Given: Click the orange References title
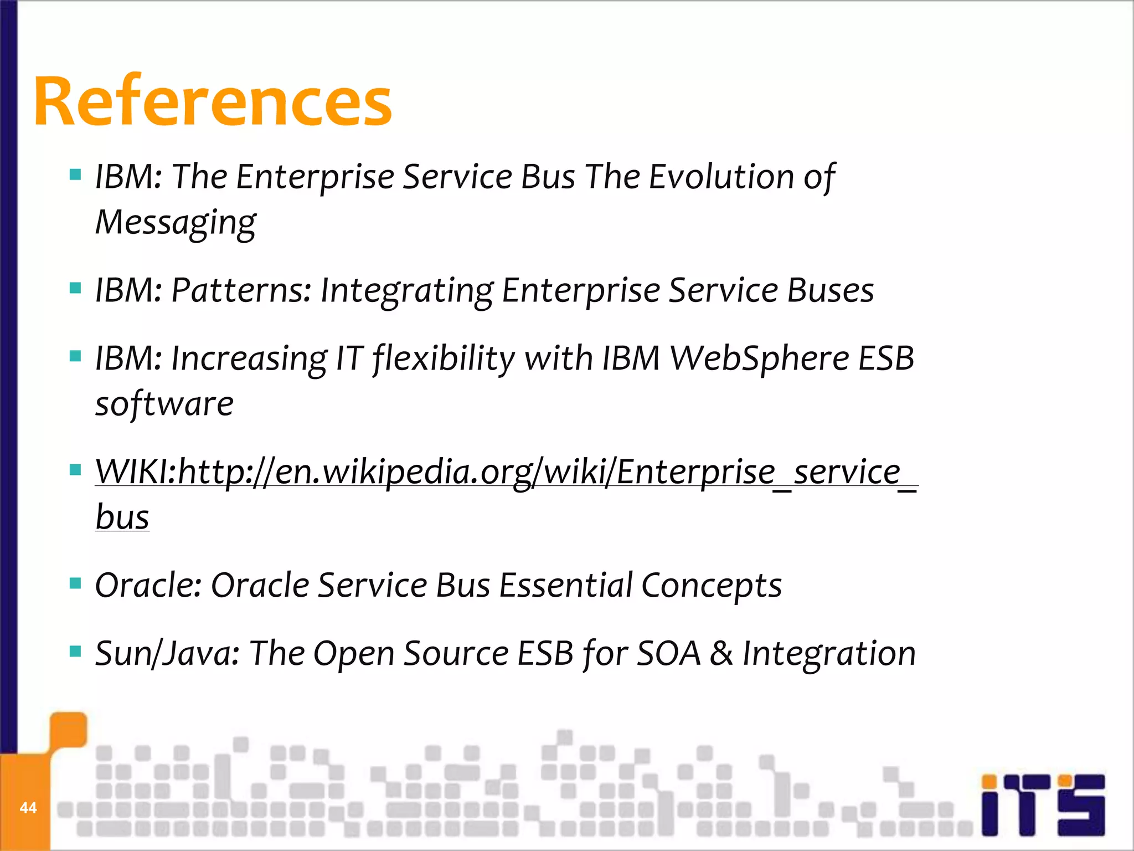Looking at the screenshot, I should coord(213,102).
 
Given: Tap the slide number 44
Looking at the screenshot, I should coord(28,807).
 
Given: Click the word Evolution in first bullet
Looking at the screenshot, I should coord(721,177).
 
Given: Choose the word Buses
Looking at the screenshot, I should coord(830,290).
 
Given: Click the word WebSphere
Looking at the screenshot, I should coord(759,358).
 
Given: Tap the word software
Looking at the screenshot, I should coord(164,403).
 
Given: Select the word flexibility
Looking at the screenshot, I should coord(444,358).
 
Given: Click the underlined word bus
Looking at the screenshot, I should coord(122,517).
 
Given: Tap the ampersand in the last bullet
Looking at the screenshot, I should coord(721,654).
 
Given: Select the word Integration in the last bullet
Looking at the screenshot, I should coord(829,654).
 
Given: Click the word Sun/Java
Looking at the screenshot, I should coord(167,654).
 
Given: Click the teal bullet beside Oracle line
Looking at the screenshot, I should coord(75,583).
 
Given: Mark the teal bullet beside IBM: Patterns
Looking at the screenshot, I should coord(75,288).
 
